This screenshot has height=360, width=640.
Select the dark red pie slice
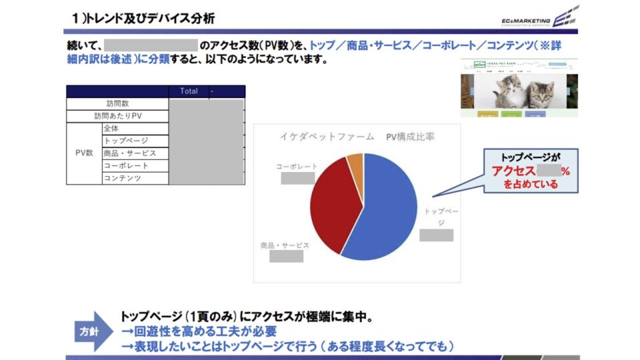330,200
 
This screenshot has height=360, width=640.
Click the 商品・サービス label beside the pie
285,245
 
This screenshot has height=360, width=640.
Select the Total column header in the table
189,91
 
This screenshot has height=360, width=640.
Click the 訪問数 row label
117,104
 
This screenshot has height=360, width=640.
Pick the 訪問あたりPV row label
117,116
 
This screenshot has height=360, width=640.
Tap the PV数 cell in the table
84,153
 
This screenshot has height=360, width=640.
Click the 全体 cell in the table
111,129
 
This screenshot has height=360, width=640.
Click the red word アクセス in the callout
514,171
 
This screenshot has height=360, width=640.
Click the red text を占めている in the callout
531,185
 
